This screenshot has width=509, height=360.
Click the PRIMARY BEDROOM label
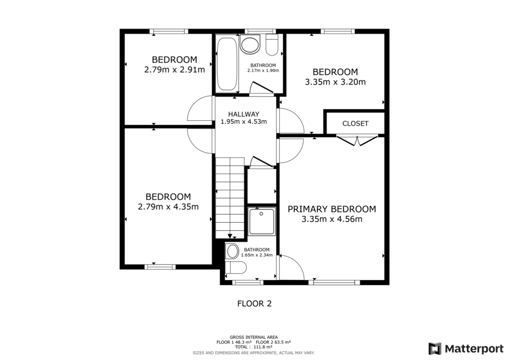[x=332, y=209]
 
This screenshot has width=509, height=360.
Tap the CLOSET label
[x=355, y=123]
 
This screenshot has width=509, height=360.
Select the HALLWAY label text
[x=244, y=114]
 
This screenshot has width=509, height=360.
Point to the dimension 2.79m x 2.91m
[x=174, y=70]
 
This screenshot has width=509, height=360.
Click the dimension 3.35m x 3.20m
[x=335, y=82]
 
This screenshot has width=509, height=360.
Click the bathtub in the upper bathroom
[x=227, y=64]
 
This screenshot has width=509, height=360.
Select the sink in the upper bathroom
[x=250, y=45]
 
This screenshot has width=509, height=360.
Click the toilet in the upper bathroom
[x=272, y=46]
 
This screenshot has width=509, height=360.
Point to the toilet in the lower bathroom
[x=235, y=269]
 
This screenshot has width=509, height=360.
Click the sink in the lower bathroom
[x=232, y=251]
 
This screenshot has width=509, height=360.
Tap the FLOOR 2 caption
[x=254, y=303]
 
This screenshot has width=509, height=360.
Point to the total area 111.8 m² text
[x=254, y=347]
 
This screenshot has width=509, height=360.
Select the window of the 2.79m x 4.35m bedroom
[x=160, y=267]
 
